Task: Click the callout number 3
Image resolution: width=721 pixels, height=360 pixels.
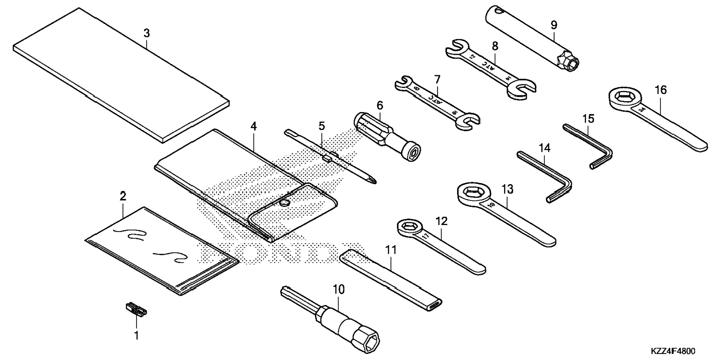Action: [147, 33]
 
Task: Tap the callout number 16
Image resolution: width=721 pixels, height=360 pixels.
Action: [661, 90]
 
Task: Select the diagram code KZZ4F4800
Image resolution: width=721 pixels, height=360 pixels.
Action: [673, 351]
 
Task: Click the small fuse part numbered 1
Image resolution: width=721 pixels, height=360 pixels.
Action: [135, 309]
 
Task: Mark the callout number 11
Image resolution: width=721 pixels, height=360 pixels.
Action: [391, 250]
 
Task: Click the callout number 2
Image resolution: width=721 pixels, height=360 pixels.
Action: [123, 196]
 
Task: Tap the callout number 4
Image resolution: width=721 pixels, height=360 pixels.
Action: [254, 126]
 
